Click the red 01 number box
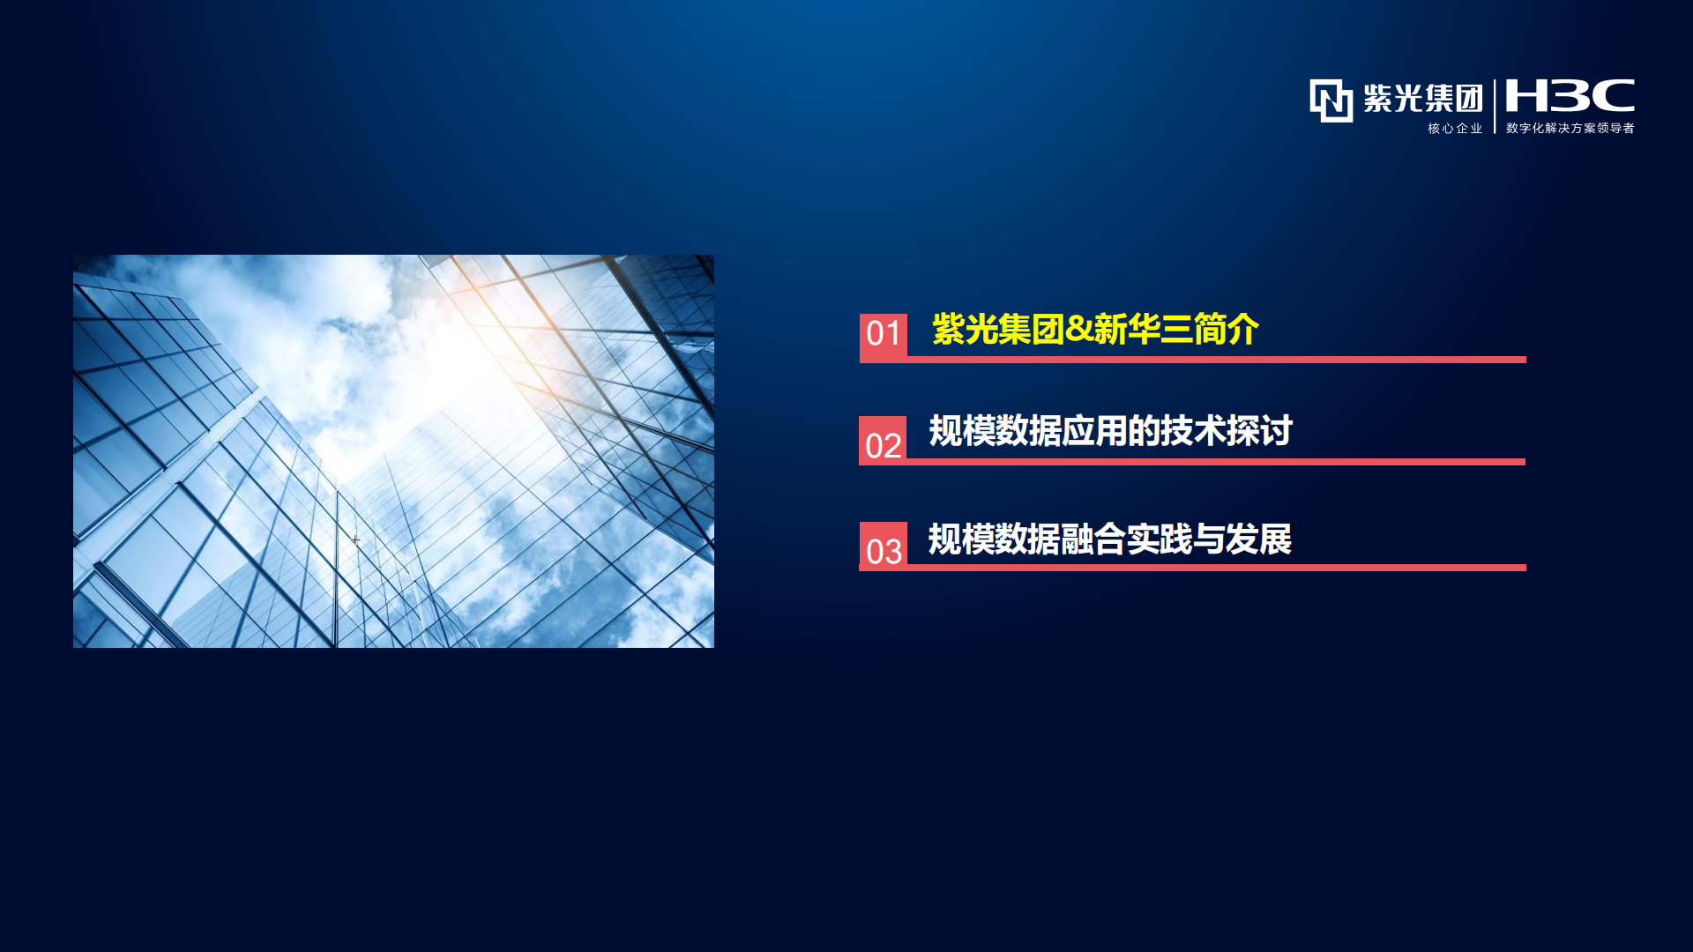(884, 337)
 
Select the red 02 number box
(883, 440)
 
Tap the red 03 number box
(884, 546)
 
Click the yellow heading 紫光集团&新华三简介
(1095, 330)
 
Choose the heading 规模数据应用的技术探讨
(1110, 431)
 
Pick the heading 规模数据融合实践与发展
(1110, 539)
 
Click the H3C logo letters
(1570, 95)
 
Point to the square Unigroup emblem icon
(1331, 100)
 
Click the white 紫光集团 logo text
(1423, 98)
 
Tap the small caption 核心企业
(1456, 129)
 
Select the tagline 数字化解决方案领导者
(1570, 129)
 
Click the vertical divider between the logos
(1495, 106)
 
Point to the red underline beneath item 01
(1217, 360)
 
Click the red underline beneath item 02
(1216, 462)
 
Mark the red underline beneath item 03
(1217, 568)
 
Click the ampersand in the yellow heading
(1079, 330)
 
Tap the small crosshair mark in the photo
(355, 539)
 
